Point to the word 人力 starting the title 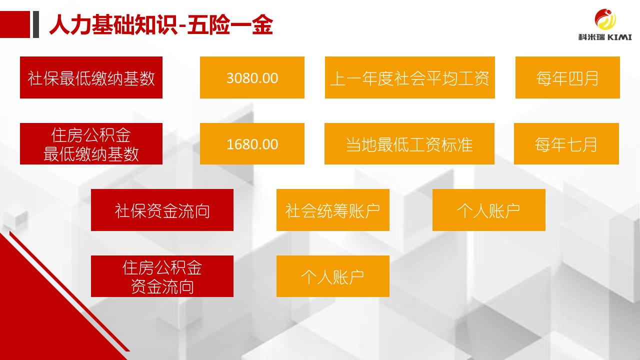[70, 25]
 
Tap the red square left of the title [15, 24]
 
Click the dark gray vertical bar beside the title [35, 24]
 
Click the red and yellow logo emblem [605, 19]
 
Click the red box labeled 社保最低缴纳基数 [91, 77]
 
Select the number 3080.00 [252, 78]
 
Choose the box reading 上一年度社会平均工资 [409, 77]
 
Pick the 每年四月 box [567, 77]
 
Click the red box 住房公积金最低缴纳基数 [91, 143]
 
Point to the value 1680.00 [252, 144]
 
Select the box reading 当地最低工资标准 [409, 143]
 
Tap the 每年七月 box [566, 143]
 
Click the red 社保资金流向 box [162, 210]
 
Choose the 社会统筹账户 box [333, 210]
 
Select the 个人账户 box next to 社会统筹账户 [489, 210]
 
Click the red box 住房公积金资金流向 [162, 276]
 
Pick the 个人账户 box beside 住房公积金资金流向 [333, 276]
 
